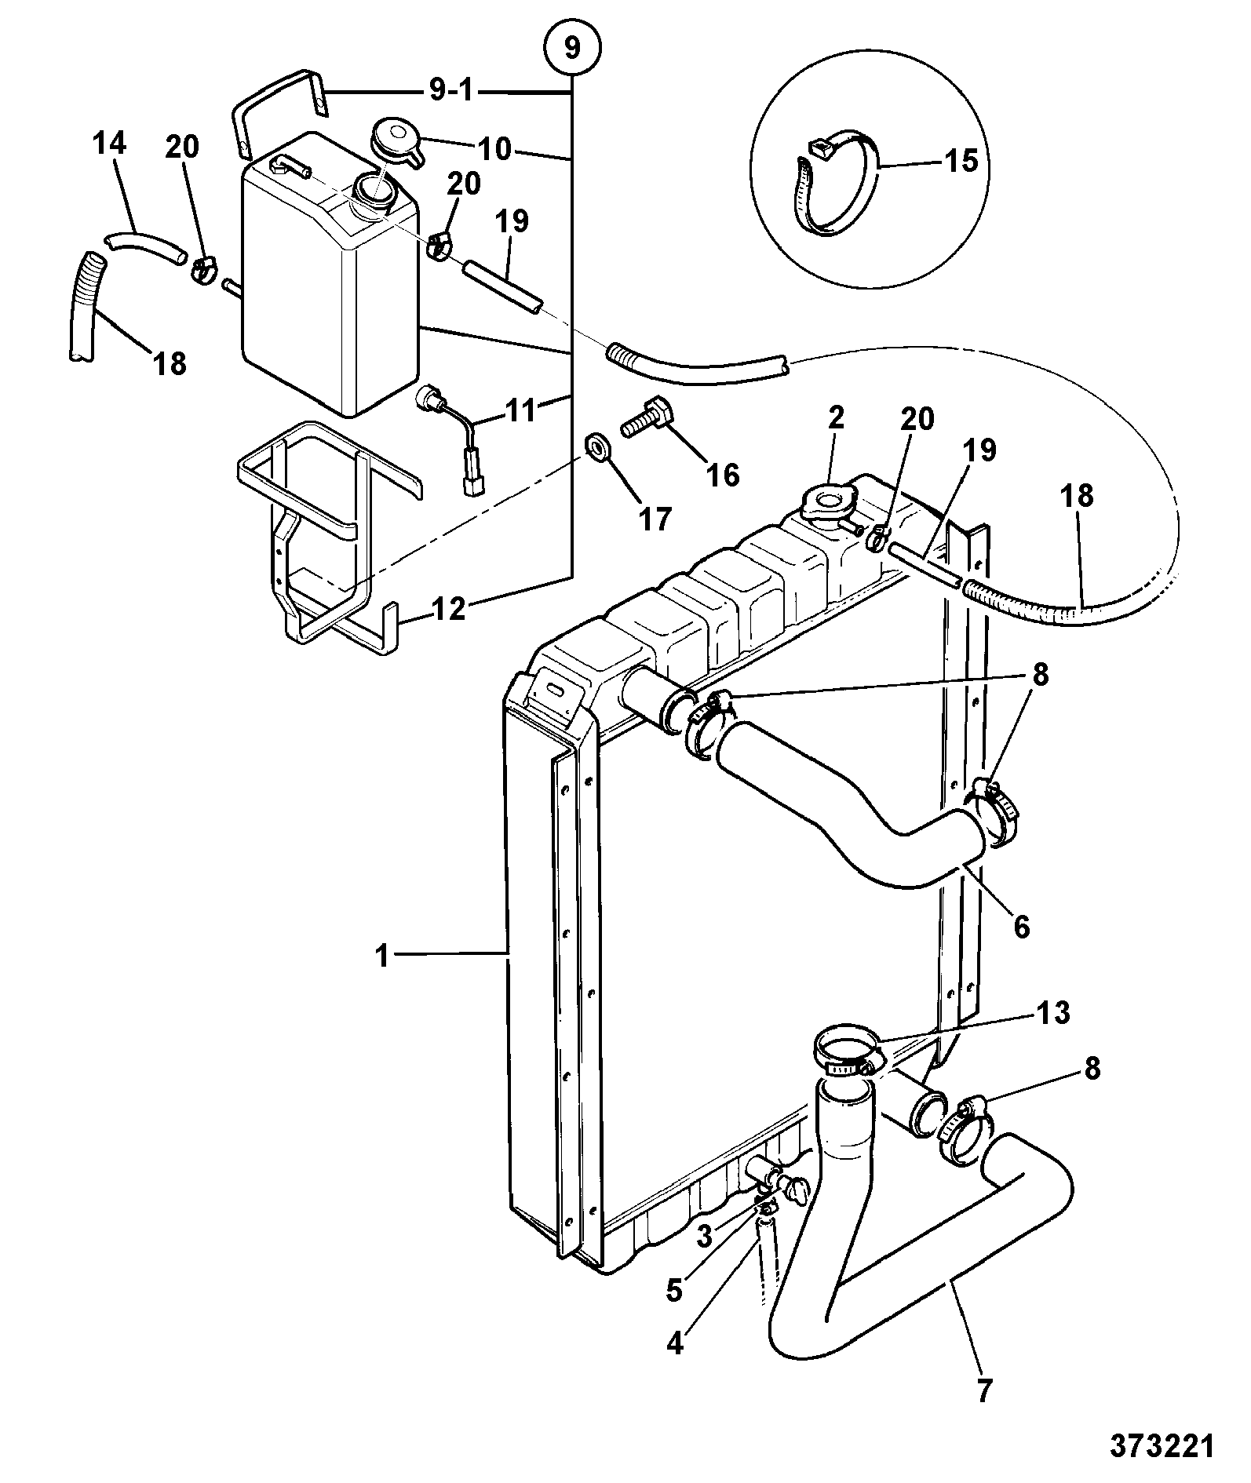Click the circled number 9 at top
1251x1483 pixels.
point(572,49)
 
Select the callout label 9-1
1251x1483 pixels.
point(451,92)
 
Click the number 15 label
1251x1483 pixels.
point(961,161)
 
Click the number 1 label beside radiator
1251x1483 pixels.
point(382,957)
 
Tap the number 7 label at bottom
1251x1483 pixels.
point(983,1391)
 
